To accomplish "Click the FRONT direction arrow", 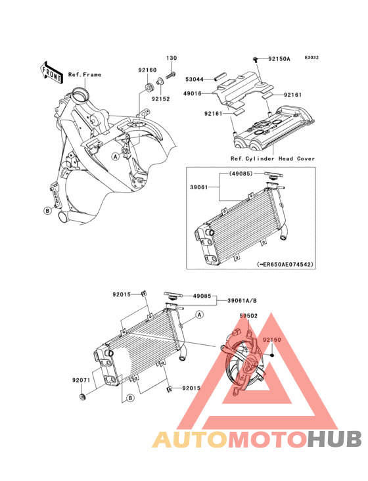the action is click(51, 72).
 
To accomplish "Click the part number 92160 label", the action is click(147, 70).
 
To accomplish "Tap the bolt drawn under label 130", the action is click(171, 74).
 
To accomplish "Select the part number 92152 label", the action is click(160, 99).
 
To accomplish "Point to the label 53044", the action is click(195, 80).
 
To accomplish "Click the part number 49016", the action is click(193, 93).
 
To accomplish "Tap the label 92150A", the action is click(279, 58).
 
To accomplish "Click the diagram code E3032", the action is click(311, 57).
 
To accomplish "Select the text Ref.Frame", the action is click(85, 74).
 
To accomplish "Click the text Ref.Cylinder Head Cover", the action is click(273, 158).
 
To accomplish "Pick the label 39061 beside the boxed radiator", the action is click(199, 187).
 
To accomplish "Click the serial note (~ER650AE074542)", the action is click(285, 264).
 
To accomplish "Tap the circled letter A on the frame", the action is click(115, 157).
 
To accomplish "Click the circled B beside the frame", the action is click(47, 211).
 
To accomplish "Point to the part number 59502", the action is click(248, 315).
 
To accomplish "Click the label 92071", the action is click(81, 380).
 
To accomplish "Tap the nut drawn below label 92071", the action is click(82, 397).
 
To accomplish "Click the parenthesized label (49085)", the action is click(241, 173).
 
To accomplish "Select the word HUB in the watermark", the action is click(334, 439).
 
